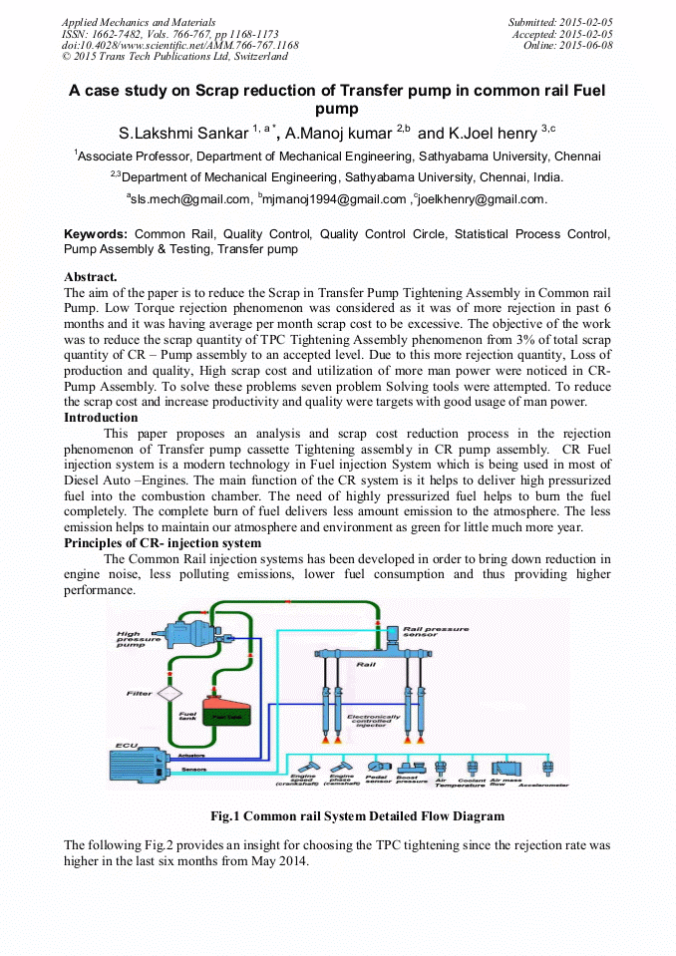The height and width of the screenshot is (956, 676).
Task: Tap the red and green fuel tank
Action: (221, 713)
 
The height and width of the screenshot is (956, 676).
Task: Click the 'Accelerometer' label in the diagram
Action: (544, 785)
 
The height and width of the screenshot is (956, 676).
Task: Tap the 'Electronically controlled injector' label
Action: (374, 720)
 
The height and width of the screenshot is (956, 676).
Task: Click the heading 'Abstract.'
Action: (91, 276)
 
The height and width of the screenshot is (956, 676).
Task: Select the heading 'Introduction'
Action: (101, 418)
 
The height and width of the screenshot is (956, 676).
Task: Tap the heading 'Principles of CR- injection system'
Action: (163, 543)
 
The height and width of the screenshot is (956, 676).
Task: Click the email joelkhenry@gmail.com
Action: (483, 199)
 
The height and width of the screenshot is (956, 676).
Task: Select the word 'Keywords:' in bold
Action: (96, 234)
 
